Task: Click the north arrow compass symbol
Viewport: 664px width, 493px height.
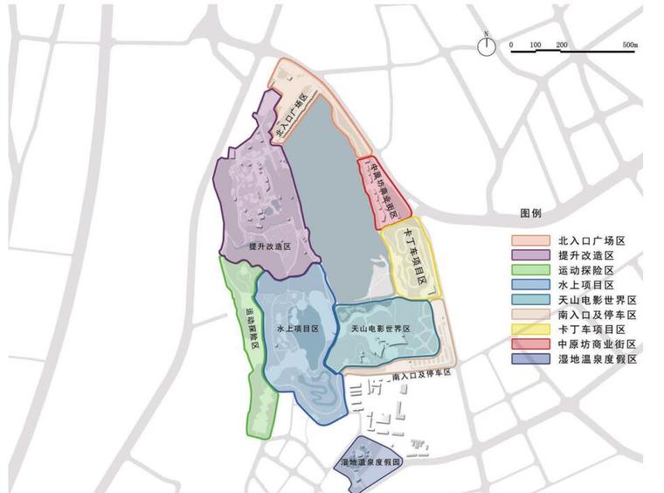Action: (x=486, y=45)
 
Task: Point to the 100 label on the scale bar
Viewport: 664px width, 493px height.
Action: (x=536, y=45)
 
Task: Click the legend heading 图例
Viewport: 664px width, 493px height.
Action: (x=531, y=213)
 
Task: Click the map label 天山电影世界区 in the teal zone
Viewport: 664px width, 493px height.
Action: (x=381, y=330)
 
